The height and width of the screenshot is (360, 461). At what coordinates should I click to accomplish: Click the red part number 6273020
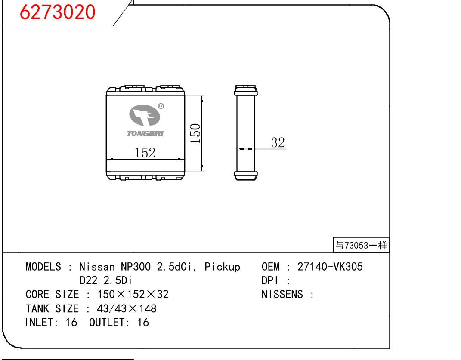(x=57, y=12)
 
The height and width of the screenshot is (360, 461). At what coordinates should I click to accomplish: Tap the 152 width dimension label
(x=145, y=153)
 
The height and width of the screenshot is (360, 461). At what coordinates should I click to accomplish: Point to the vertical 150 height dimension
(x=195, y=133)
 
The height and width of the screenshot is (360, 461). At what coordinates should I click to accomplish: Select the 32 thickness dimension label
(x=278, y=142)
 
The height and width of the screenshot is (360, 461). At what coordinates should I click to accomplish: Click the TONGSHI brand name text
(x=145, y=134)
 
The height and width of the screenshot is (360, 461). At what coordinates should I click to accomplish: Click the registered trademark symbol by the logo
(x=161, y=106)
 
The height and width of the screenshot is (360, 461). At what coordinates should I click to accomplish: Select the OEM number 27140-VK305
(x=330, y=267)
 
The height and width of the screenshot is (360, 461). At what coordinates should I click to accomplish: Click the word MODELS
(x=43, y=267)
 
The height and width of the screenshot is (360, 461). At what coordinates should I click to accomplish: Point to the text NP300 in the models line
(x=136, y=267)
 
